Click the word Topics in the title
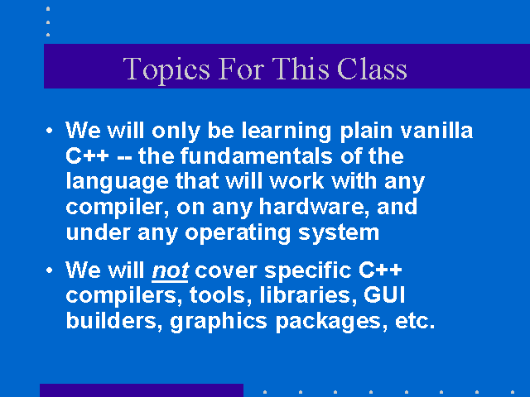(166, 69)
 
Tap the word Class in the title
(372, 69)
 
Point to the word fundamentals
(256, 156)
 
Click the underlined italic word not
(170, 271)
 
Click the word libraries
(308, 295)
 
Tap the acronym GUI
(384, 294)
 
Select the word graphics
(219, 323)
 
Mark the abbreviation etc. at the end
(415, 321)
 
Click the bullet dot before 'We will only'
(50, 131)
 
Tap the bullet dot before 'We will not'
(50, 270)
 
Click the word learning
(287, 132)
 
